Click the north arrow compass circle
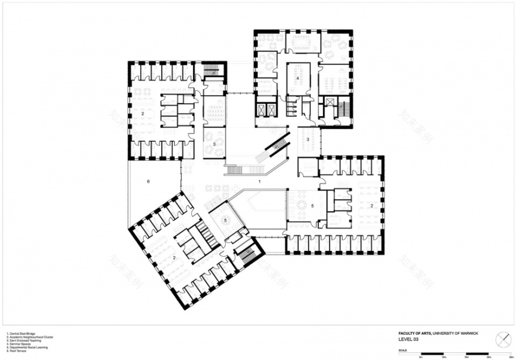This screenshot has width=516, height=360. pyautogui.click(x=502, y=338)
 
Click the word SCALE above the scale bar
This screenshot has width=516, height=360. pyautogui.click(x=402, y=350)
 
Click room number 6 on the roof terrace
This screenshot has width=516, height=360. pyautogui.click(x=148, y=183)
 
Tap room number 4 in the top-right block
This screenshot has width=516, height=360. pyautogui.click(x=298, y=78)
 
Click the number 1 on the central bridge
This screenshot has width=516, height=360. pyautogui.click(x=259, y=182)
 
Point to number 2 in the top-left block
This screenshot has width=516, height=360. pyautogui.click(x=142, y=113)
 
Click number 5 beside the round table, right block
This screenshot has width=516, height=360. pyautogui.click(x=313, y=206)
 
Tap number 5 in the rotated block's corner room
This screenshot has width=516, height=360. pyautogui.click(x=225, y=220)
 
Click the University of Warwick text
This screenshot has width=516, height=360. pyautogui.click(x=457, y=332)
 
